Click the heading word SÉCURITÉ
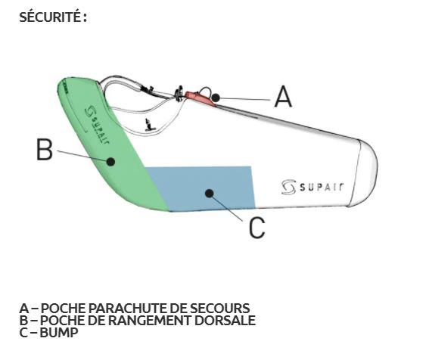coord(51,17)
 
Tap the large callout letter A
coord(283,96)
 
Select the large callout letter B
coord(45,149)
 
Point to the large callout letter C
coord(257,228)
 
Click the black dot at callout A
coord(216,98)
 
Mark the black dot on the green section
coord(110,162)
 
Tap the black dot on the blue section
coord(210,194)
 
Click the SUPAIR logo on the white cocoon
coord(312,187)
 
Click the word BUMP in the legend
coord(59,333)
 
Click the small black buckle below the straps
coord(149,125)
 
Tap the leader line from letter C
coord(227,208)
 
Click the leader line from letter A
coord(245,99)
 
